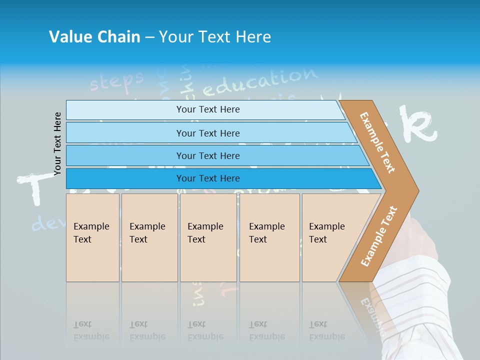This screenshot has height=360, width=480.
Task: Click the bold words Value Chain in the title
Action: tap(94, 37)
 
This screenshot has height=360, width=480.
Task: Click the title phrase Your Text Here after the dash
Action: tap(215, 37)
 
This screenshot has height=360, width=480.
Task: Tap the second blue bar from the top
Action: tap(208, 133)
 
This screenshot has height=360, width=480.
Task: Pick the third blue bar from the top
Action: tap(208, 155)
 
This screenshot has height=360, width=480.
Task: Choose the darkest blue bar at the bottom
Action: tap(208, 178)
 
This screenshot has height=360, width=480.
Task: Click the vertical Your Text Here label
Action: tap(57, 144)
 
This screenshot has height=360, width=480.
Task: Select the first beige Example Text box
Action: tap(92, 237)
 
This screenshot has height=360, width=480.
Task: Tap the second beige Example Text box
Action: tap(149, 237)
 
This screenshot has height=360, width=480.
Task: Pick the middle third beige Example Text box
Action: tap(208, 237)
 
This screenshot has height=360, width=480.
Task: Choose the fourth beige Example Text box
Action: tap(269, 237)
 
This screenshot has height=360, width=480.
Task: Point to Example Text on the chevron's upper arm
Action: tap(377, 142)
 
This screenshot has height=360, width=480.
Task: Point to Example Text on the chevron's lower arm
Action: tap(379, 236)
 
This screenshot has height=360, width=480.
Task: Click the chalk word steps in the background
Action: tap(116, 80)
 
